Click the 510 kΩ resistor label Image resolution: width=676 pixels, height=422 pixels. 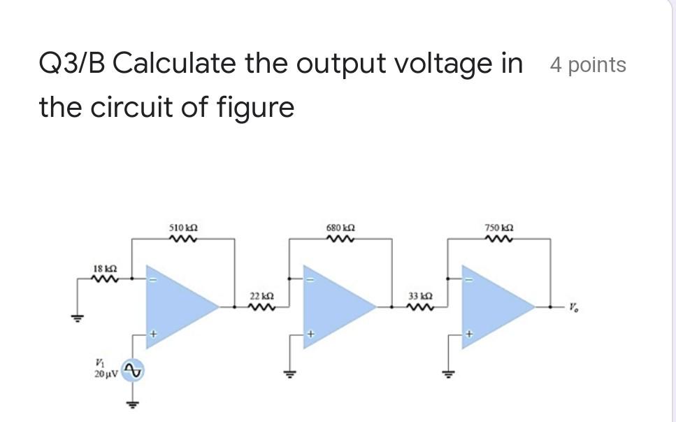pos(184,228)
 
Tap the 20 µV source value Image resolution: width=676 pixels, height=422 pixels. pos(106,376)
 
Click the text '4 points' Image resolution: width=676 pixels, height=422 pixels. pos(588,65)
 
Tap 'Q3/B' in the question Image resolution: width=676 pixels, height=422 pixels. pos(71,64)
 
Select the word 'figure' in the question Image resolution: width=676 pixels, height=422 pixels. pos(261,108)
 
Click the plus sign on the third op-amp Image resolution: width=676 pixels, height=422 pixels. pos(470,336)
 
